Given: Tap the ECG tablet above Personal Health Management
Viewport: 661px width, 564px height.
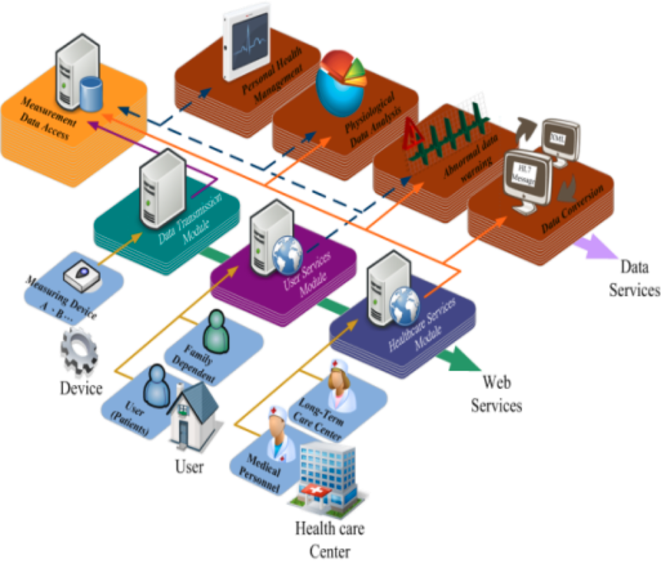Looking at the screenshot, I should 246,41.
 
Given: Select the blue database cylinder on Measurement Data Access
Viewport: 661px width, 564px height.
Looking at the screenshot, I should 91,94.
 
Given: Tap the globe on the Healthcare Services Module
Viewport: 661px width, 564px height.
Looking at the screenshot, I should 404,306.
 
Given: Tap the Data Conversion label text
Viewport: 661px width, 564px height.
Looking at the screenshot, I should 572,209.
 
